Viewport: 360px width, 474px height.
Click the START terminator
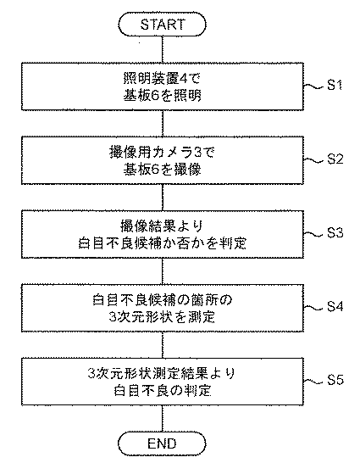(162, 25)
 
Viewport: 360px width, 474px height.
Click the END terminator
(162, 443)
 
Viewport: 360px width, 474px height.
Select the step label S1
(335, 86)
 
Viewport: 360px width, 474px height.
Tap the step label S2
(335, 159)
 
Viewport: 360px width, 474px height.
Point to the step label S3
(335, 233)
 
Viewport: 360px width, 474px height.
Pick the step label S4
(335, 307)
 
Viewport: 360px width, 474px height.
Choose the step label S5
(335, 381)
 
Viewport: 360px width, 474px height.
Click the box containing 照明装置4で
(163, 86)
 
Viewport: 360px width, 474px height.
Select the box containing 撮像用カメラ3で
(163, 160)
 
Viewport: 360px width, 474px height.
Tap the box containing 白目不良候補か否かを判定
(163, 234)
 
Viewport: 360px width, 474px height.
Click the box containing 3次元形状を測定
(163, 308)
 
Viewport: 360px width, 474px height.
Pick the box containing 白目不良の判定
(163, 382)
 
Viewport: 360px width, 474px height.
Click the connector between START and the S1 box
(163, 49)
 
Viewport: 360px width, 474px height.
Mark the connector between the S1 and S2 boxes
(163, 123)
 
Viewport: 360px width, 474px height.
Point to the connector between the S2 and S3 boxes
(163, 198)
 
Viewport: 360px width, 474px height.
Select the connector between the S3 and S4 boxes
(163, 271)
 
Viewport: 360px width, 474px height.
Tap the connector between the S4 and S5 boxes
(163, 345)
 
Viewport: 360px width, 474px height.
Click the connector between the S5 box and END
(163, 419)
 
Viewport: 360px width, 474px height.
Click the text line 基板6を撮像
(162, 170)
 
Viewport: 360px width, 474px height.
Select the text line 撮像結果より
(162, 226)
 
